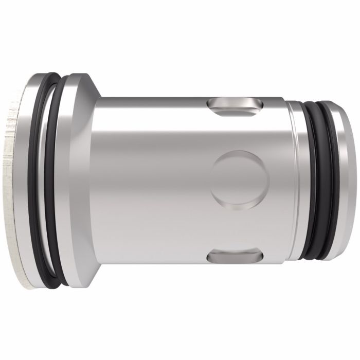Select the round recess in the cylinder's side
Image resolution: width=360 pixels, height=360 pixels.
(241, 179)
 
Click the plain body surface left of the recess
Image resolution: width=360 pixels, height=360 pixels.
(154, 179)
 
